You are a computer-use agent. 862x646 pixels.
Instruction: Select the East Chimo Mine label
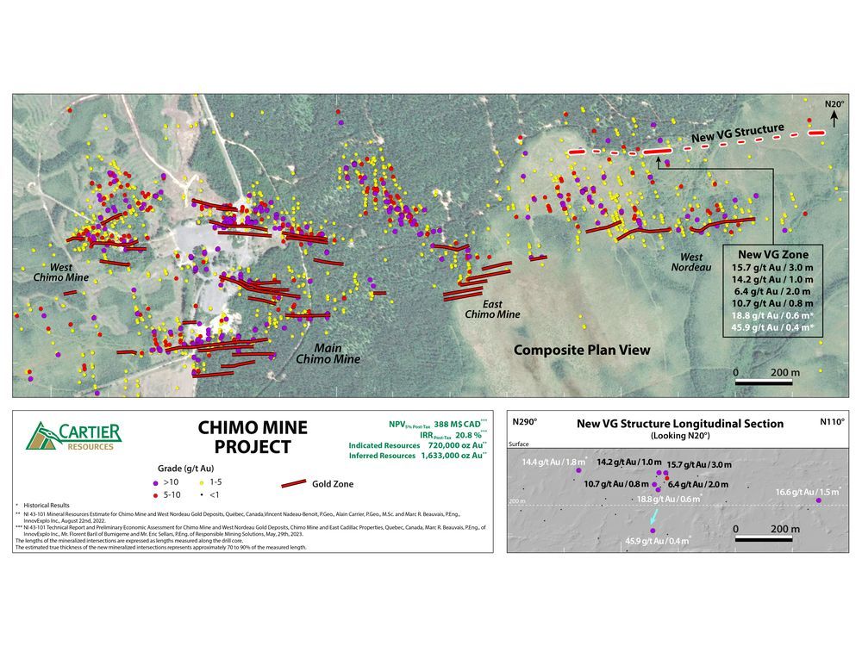pos(492,309)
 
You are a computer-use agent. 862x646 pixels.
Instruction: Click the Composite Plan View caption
pos(582,350)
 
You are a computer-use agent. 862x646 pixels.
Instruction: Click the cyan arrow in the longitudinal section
pos(654,518)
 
